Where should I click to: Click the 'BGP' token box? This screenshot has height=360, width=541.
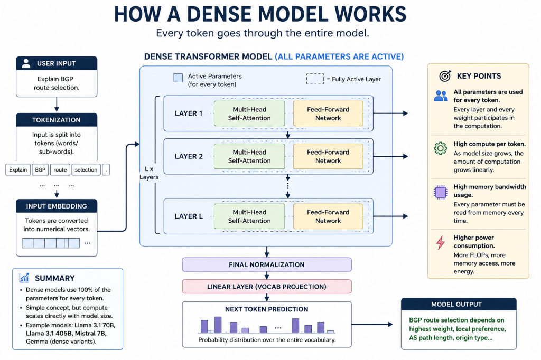40,169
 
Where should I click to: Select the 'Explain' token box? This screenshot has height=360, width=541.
18,169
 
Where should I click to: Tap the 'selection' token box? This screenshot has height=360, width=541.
86,169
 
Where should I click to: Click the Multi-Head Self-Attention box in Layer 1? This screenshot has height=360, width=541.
249,113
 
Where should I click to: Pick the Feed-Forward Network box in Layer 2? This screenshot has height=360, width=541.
328,156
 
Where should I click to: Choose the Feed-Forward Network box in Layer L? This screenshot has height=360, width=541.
328,216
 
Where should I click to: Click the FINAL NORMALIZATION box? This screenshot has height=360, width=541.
267,264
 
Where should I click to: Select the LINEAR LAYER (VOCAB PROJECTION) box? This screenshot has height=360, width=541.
267,287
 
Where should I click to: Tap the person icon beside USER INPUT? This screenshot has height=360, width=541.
26,63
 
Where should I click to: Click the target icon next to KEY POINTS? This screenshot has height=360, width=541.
445,76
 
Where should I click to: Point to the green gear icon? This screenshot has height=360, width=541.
441,148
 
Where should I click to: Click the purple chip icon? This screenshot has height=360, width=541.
441,192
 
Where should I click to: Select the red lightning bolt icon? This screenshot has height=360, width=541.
441,242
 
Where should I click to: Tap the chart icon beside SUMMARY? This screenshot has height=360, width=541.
24,277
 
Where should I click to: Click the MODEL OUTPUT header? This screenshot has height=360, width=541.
459,305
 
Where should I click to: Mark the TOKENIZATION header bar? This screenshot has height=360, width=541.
57,120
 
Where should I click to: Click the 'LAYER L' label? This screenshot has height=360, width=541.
189,216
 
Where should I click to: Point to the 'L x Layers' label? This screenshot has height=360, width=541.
149,173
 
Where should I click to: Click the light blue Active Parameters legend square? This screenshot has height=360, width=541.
178,78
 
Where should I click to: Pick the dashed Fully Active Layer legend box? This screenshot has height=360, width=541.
315,79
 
